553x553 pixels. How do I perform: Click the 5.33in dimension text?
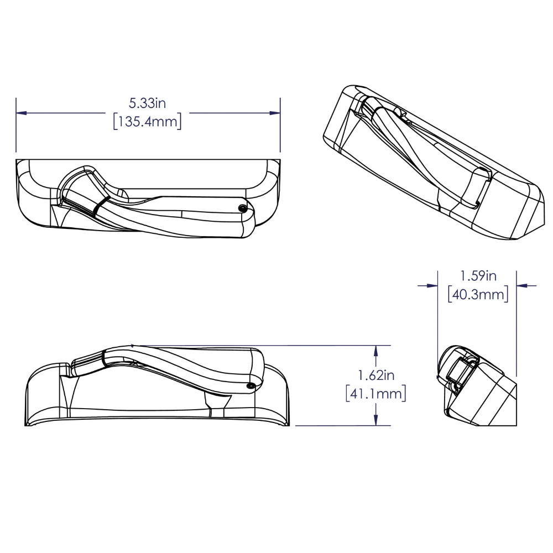coord(148,103)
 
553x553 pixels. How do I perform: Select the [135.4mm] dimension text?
coord(148,122)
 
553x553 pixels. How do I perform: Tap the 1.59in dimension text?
coord(478,275)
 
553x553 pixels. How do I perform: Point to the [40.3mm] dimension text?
coord(478,294)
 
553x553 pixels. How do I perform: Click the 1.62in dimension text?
coord(376,375)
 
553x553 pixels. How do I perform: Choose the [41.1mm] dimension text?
coord(376,394)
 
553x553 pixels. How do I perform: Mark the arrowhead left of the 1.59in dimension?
coord(432,285)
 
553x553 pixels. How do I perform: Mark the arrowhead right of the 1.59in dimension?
coord(521,285)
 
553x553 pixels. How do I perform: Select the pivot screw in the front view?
coord(251,384)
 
